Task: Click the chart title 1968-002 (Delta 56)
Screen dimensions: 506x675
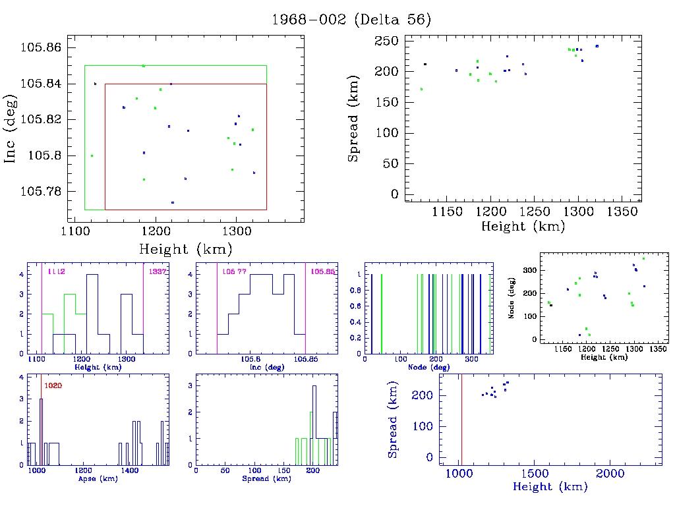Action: tap(351, 19)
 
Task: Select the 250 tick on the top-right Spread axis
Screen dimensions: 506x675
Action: tap(386, 42)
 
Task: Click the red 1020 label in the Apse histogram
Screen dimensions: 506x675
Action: tap(53, 385)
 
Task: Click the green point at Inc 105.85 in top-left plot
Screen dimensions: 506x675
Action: tap(144, 66)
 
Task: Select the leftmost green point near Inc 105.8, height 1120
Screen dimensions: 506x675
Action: tap(92, 155)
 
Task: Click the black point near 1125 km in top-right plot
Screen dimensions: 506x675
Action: tap(425, 64)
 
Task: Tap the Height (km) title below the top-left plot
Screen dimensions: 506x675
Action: tap(185, 249)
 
